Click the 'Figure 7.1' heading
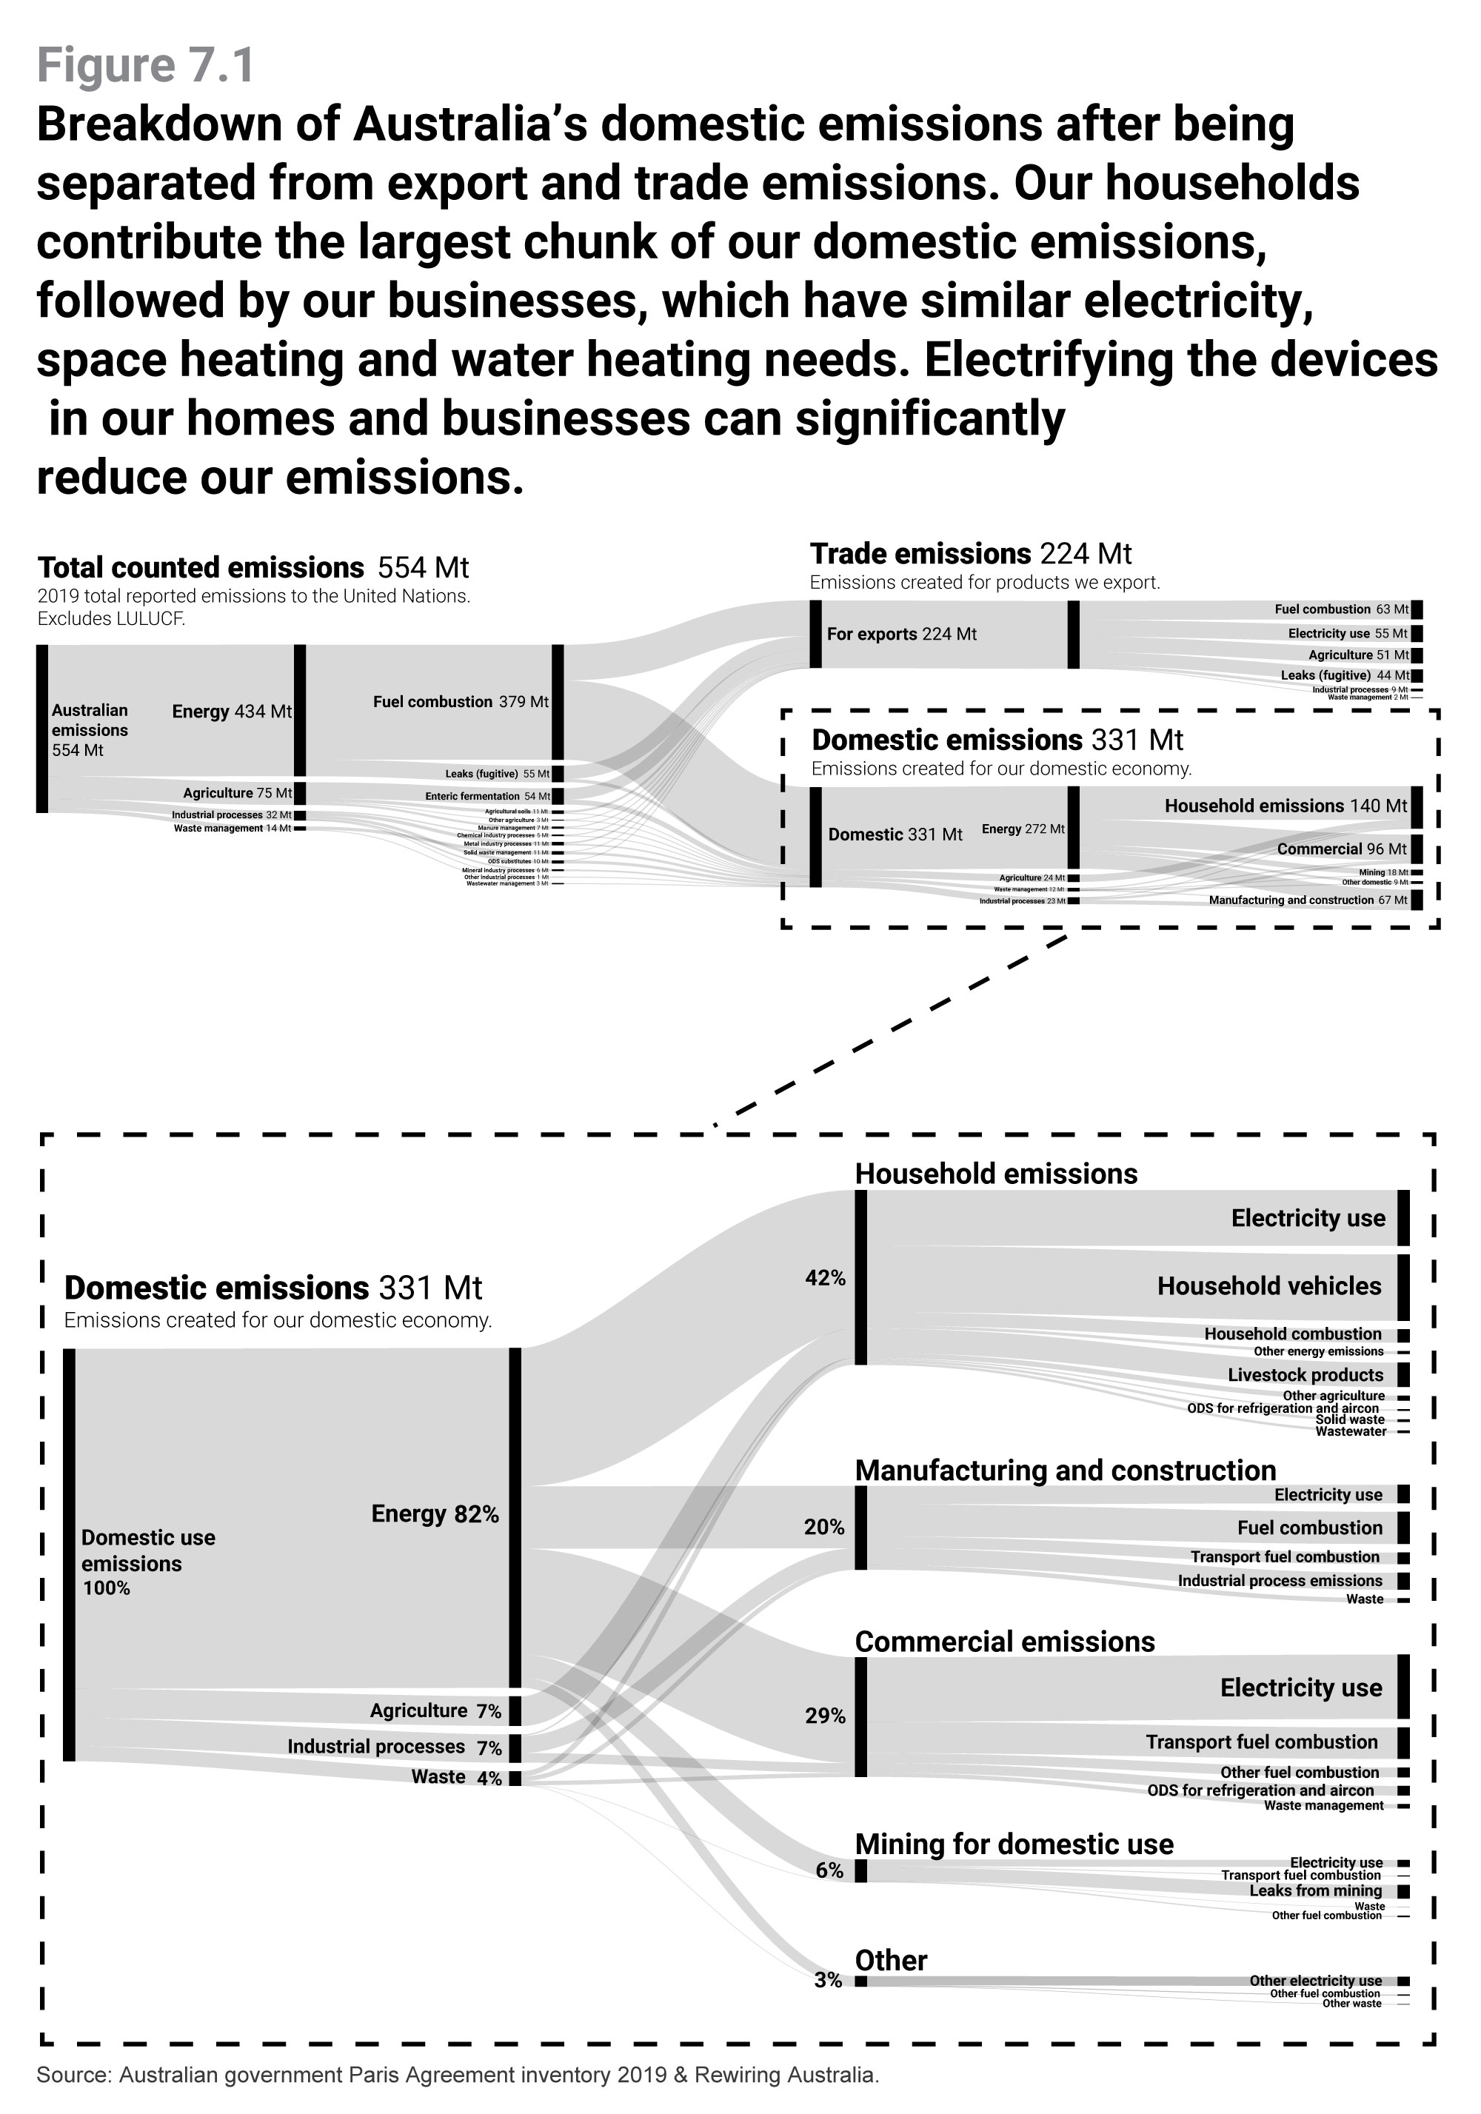click(146, 65)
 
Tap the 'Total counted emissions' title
click(201, 567)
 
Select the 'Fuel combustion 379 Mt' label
click(461, 702)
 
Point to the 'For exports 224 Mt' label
click(900, 634)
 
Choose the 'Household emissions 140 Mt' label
click(1285, 806)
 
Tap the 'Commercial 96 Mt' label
click(1341, 849)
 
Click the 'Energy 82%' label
click(435, 1513)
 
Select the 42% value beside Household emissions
click(825, 1277)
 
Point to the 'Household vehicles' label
click(1269, 1286)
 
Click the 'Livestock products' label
click(1305, 1374)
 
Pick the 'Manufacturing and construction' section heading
click(1065, 1471)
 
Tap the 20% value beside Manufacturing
click(824, 1527)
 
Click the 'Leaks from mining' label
click(1315, 1890)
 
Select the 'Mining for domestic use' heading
click(1014, 1844)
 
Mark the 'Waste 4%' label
click(457, 1777)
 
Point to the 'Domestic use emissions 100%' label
click(147, 1562)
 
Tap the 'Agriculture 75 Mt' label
click(237, 793)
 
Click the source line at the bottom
click(458, 2075)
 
